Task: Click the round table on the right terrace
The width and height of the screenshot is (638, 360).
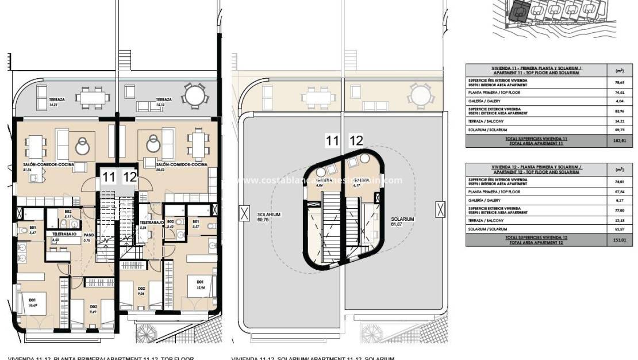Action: pos(193,94)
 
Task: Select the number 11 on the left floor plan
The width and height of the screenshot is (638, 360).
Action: pos(108,177)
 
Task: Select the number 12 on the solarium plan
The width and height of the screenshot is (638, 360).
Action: pos(356,140)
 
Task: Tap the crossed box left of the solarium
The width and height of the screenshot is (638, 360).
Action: pos(244,214)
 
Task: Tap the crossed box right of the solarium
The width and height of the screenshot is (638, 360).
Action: pos(440,209)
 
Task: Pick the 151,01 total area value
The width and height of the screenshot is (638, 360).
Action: pos(620,240)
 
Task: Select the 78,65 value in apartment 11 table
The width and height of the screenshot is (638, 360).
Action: pos(620,83)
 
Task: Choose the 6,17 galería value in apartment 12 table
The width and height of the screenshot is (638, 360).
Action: pos(620,200)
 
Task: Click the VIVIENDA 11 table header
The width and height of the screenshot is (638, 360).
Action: pos(537,70)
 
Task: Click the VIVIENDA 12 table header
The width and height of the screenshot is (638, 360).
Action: pos(537,169)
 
